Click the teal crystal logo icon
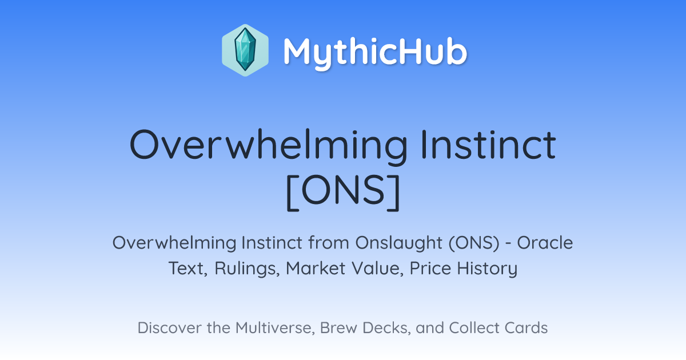pos(245,50)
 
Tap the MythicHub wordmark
pos(375,53)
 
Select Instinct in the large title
pos(488,144)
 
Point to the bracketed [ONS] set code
pos(343,192)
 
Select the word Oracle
pos(545,243)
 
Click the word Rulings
pos(247,269)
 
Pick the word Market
pos(316,268)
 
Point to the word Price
pos(430,268)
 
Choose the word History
pos(487,269)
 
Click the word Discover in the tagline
pos(169,327)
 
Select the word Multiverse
pos(276,328)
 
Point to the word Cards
pos(526,327)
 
